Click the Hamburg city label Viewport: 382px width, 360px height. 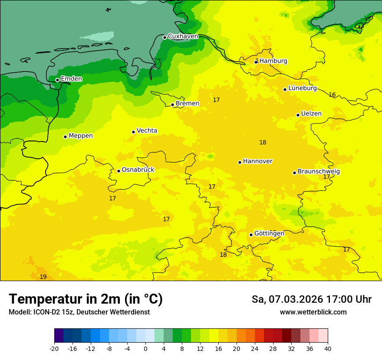tap(273, 61)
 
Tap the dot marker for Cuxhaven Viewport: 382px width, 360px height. tap(165, 37)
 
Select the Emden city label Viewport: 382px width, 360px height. tap(71, 79)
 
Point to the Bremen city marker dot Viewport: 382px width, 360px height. tap(172, 105)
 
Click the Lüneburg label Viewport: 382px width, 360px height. tap(302, 88)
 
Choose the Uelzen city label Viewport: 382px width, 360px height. tap(311, 114)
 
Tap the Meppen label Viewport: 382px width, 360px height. tap(81, 136)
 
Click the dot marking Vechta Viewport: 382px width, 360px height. tap(133, 132)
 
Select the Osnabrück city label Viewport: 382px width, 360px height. tap(138, 170)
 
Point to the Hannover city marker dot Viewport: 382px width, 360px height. tap(240, 162)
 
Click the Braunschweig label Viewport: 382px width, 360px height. tap(319, 172)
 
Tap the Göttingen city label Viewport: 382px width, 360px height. tap(269, 233)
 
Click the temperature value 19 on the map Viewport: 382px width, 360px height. tap(43, 277)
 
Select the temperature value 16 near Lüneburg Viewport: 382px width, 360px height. tap(332, 95)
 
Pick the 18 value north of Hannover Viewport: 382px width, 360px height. tap(263, 142)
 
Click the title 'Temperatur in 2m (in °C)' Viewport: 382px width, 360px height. tap(86, 299)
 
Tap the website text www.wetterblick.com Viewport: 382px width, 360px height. tap(313, 312)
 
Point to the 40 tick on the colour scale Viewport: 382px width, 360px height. tap(328, 348)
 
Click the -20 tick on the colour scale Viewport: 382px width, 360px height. tap(54, 348)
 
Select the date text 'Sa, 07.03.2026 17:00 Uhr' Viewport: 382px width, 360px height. tap(311, 300)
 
